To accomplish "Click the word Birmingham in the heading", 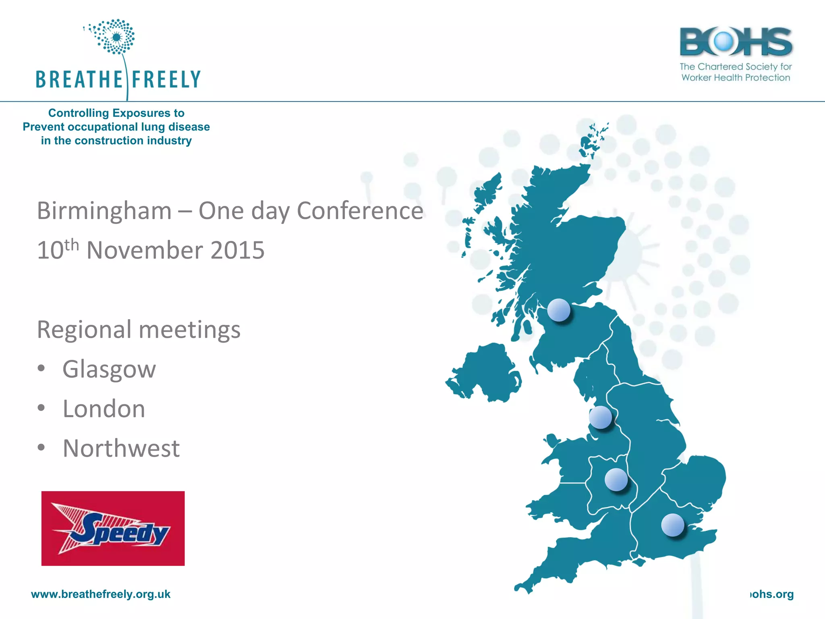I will (x=104, y=211).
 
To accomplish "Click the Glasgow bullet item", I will (x=109, y=369).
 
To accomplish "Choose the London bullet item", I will (x=104, y=409).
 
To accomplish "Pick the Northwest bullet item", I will (x=121, y=448).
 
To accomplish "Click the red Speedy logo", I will (x=113, y=528).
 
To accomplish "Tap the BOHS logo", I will (x=736, y=42).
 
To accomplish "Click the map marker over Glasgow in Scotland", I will (x=559, y=310).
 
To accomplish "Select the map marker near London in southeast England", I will (x=672, y=525).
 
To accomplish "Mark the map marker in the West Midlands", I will (x=616, y=480).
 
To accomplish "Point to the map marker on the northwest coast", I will (x=600, y=417).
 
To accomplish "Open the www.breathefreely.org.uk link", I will (x=101, y=594).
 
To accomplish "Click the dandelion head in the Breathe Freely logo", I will (x=116, y=37).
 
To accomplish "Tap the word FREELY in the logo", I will (x=166, y=79).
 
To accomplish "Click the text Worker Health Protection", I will (x=736, y=77).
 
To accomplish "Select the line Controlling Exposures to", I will (x=116, y=113).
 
